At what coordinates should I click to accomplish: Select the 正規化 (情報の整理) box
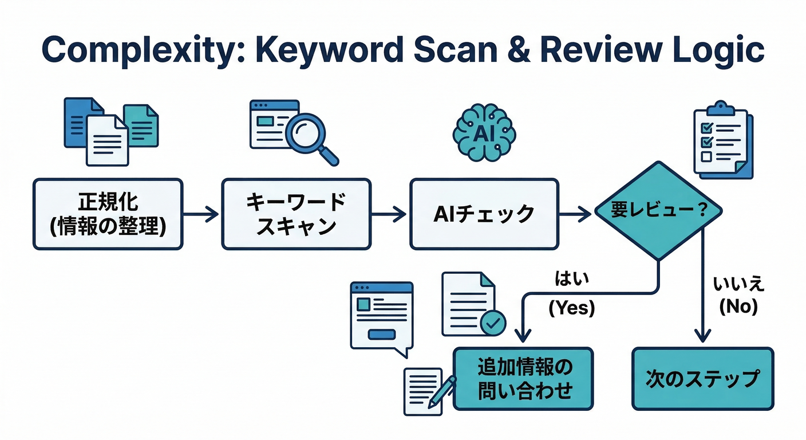coord(108,214)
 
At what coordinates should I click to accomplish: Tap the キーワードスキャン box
coord(296,214)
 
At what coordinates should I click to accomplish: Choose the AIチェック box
coord(484,214)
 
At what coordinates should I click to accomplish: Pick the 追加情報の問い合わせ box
coord(523,379)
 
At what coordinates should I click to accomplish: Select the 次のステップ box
coord(702,379)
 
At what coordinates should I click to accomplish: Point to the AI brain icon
coord(484,133)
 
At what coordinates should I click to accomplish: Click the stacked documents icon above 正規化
coord(110,131)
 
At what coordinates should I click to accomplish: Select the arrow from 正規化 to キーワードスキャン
coord(201,215)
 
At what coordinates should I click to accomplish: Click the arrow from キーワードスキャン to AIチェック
coord(389,215)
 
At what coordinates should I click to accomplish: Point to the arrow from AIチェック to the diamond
coord(575,215)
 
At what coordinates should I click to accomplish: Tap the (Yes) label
coord(572,308)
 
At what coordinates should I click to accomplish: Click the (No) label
coord(738,308)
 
